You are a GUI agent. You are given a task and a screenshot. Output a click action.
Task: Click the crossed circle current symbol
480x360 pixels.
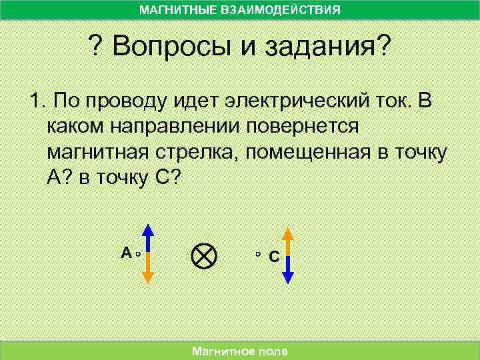[203, 255]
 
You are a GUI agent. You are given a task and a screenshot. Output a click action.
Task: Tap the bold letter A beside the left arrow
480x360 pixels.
[125, 253]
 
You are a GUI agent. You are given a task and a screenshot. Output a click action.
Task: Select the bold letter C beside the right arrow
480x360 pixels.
[273, 257]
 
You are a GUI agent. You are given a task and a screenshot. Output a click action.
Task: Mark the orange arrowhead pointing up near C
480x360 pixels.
[288, 233]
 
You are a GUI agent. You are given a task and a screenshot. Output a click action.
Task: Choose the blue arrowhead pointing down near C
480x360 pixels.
[288, 277]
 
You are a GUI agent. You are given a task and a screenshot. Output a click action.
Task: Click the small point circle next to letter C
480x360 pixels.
[259, 255]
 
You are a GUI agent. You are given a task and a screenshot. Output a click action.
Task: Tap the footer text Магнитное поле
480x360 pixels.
[239, 351]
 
